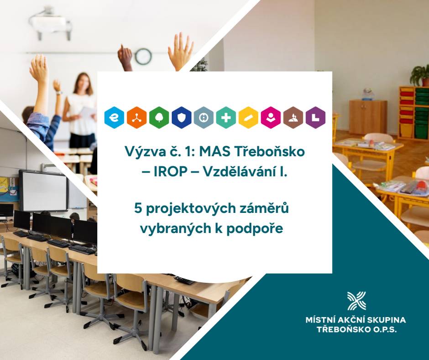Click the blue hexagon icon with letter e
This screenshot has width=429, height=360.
114,118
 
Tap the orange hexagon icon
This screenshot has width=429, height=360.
136,118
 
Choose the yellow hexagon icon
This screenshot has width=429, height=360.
248,118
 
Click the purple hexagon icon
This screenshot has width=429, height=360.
315,118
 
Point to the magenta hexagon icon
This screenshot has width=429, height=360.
271,118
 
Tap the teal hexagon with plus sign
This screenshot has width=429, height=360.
226,118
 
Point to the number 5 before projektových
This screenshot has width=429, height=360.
137,208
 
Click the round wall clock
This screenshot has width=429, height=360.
143,56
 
